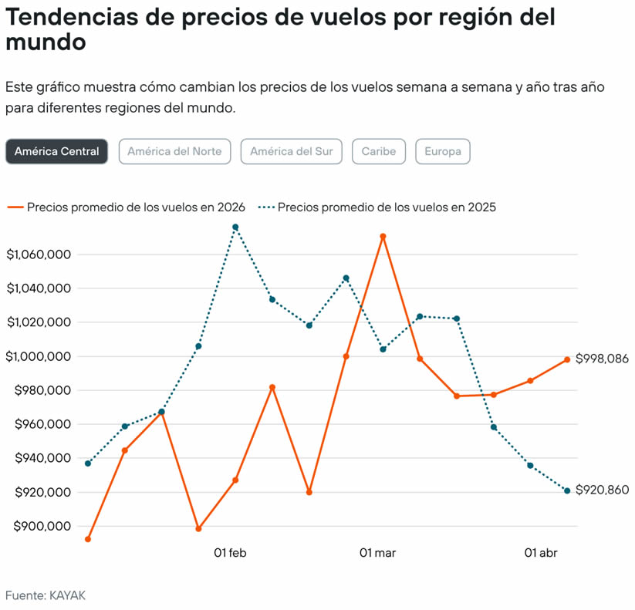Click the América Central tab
(56, 151)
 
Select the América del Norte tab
(174, 151)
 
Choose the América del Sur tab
(291, 151)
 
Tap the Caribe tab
(378, 151)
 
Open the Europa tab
(442, 151)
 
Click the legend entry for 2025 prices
(378, 207)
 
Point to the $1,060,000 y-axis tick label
(39, 254)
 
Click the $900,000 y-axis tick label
(39, 527)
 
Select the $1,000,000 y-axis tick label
(39, 356)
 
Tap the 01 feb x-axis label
(230, 553)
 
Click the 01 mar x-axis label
(377, 553)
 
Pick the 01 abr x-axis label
(541, 553)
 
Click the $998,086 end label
(602, 359)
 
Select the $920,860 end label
(602, 490)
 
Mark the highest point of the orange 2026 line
(383, 236)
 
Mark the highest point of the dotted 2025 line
(235, 227)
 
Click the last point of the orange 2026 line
(567, 359)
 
